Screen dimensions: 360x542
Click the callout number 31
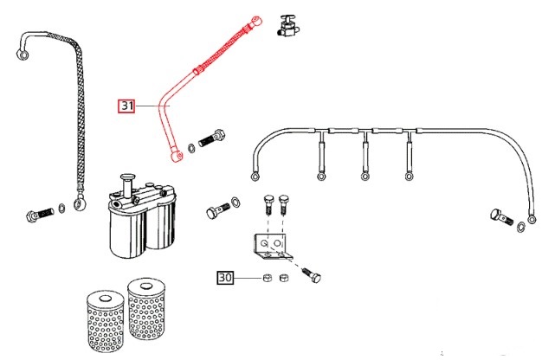pos(127,106)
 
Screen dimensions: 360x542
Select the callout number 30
pos(224,279)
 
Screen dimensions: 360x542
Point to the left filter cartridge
pos(105,316)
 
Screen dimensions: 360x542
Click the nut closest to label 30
pos(267,279)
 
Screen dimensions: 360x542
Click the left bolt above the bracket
pos(268,203)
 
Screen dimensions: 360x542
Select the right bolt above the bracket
pos(285,203)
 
